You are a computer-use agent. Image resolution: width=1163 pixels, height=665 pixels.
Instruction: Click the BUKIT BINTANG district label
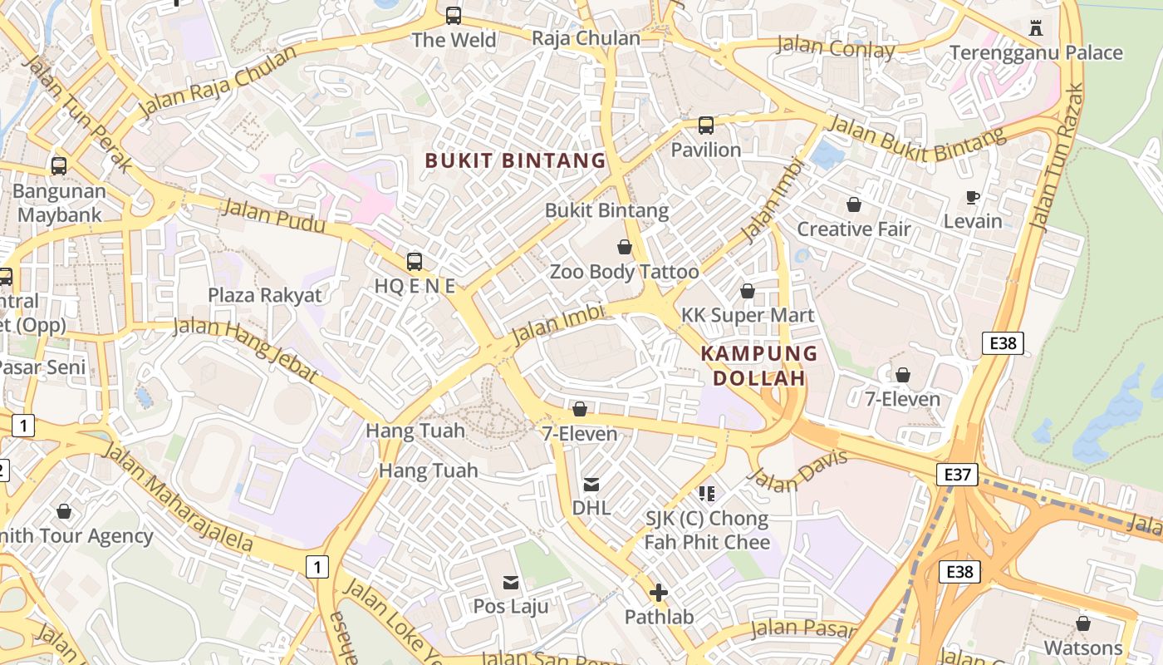tap(515, 160)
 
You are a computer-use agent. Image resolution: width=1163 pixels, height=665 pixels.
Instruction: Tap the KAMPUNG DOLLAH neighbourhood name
tap(758, 366)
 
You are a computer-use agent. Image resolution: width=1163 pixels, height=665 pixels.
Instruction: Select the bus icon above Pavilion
tap(705, 126)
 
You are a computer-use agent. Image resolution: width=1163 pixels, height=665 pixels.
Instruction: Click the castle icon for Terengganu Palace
tap(1035, 27)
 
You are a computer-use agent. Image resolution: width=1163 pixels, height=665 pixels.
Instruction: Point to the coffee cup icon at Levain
tap(973, 197)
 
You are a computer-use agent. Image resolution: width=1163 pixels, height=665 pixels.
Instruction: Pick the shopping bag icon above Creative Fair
tap(854, 204)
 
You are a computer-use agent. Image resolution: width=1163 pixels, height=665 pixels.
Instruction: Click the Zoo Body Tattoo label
tap(624, 272)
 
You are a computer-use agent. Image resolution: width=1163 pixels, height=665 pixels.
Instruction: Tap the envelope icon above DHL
tap(591, 484)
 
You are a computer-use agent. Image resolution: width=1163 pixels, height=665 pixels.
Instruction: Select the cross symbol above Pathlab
tap(659, 593)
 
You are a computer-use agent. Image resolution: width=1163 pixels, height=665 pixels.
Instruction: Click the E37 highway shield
tap(957, 475)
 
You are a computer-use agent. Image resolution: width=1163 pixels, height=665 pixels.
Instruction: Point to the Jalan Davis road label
tap(797, 470)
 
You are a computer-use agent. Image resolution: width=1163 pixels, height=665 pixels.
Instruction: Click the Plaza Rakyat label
tap(264, 295)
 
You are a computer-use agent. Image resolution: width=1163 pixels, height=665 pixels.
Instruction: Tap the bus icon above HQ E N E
tap(415, 262)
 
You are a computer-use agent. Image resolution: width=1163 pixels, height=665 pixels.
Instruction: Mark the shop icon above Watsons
tap(1082, 623)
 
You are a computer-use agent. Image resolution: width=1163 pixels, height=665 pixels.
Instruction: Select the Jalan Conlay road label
tap(834, 47)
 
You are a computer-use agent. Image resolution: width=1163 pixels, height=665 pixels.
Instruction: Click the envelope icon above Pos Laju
tap(511, 583)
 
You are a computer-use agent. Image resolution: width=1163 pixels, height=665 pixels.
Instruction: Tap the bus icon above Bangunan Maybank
tap(59, 165)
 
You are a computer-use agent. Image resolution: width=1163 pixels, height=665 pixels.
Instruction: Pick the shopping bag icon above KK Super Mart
tap(748, 291)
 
